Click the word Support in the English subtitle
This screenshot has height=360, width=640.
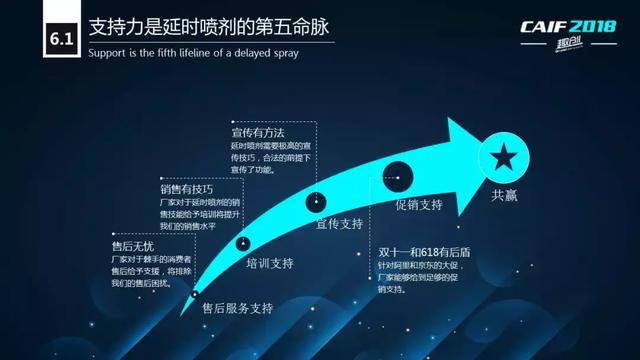point(109,53)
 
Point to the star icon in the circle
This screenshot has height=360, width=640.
point(502,156)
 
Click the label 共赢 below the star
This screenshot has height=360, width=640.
point(503,196)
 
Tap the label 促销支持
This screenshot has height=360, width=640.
point(418,205)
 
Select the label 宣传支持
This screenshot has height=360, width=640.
point(340,223)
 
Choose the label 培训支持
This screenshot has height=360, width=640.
point(269,264)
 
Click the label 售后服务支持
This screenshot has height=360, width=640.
point(237,307)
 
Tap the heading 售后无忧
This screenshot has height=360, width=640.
point(132,245)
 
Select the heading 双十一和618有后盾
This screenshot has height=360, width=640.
point(426,252)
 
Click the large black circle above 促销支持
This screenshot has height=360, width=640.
point(397,174)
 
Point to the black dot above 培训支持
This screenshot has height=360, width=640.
point(244,243)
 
